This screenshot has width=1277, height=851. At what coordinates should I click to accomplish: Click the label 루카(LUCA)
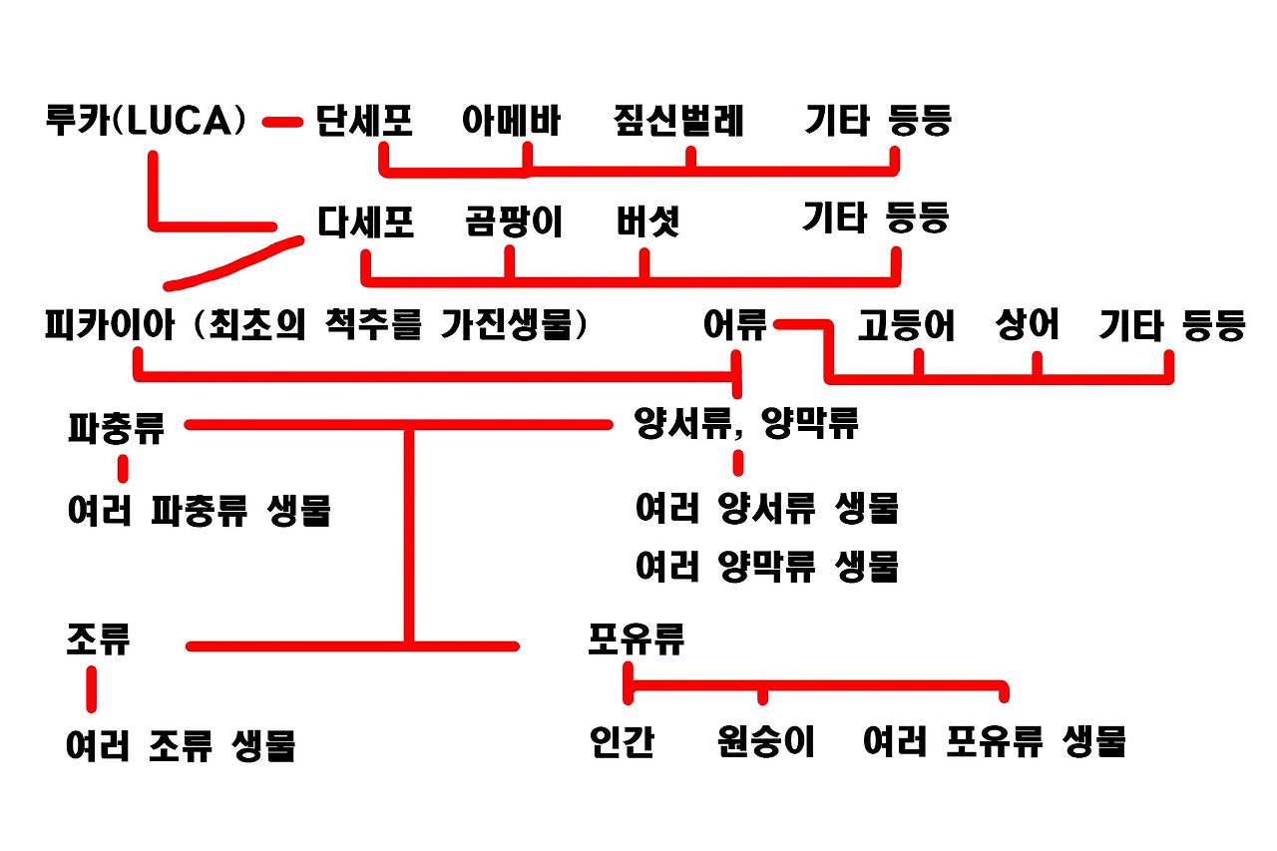pos(146,121)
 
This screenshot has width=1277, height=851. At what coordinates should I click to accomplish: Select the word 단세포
pos(364,121)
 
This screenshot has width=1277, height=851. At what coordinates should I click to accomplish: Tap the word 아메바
pos(511,121)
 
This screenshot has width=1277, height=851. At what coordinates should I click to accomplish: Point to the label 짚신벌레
pos(678,121)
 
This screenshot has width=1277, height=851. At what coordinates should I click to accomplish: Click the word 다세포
pos(365,221)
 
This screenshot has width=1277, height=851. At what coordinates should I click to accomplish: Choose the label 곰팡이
pos(514,221)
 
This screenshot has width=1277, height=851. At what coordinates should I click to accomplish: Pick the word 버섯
pos(647,221)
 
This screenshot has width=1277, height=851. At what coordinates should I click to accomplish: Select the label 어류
pos(735,326)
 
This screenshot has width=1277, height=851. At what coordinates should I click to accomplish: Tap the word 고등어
pos(906,326)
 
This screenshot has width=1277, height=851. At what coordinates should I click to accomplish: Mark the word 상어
pos(1028,326)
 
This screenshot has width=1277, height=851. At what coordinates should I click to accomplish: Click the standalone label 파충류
pos(116,428)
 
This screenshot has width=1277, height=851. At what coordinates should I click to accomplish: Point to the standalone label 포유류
pos(637,638)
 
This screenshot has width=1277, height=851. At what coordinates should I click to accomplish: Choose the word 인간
pos(622,742)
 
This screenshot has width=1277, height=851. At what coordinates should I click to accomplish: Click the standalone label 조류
pos(98,638)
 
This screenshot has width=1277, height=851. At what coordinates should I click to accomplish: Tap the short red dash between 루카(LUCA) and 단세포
pos(282,123)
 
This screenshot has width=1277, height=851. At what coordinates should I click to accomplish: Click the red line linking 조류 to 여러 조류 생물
pos(92,688)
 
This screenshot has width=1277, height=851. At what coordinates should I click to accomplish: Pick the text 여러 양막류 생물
pos(767,567)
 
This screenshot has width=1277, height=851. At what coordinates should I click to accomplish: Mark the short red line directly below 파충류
pos(124,468)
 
